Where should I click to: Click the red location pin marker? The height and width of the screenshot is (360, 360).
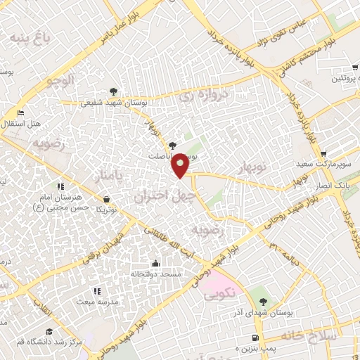coord(181,165)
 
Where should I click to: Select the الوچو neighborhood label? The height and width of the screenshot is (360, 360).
coord(59,81)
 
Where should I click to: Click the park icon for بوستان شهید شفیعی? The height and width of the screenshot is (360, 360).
coord(113,91)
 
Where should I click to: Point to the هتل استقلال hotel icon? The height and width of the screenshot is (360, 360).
coord(20,112)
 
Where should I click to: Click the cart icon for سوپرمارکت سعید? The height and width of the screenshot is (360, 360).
coord(322,154)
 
